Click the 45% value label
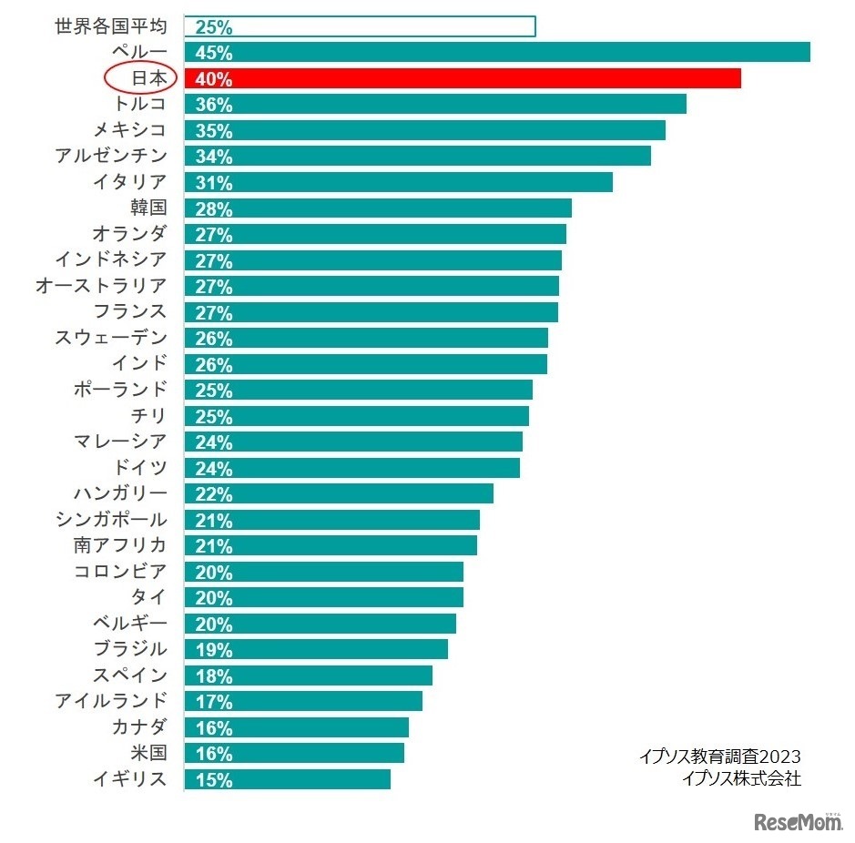[x=214, y=53]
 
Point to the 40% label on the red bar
[x=214, y=79]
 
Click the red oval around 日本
[x=139, y=78]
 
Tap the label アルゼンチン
[x=111, y=156]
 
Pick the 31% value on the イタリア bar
[x=214, y=183]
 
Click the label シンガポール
[x=111, y=520]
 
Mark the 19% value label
[x=214, y=650]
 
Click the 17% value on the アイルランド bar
[x=214, y=702]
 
